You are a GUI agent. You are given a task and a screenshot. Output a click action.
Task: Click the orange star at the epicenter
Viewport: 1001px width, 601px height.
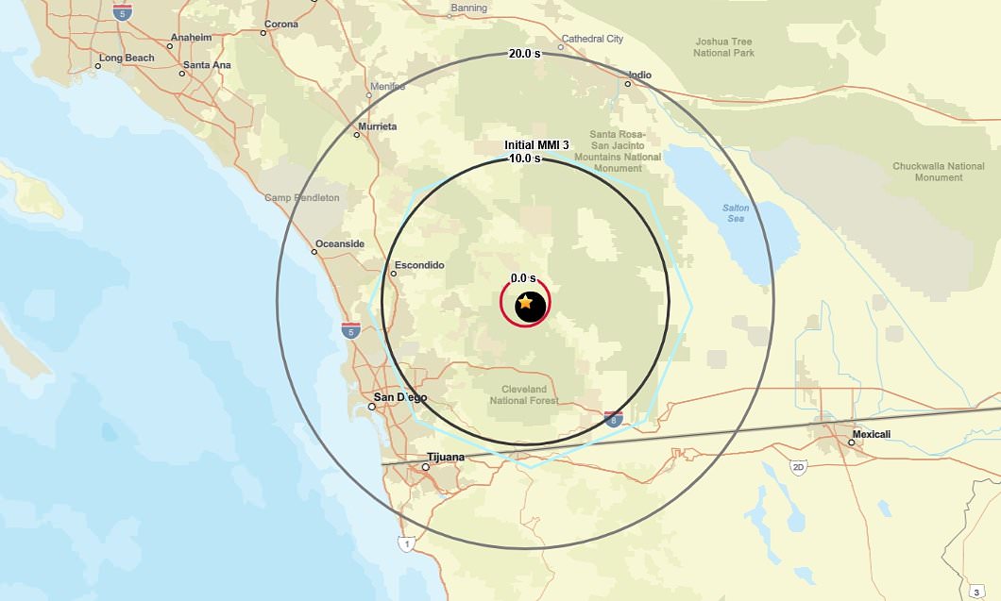click(525, 303)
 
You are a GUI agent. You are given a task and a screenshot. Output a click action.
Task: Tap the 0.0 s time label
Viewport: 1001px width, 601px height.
click(523, 278)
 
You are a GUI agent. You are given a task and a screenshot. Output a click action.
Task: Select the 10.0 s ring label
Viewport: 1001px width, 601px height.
click(525, 159)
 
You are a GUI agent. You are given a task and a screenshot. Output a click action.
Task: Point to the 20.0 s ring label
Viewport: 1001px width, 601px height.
click(525, 54)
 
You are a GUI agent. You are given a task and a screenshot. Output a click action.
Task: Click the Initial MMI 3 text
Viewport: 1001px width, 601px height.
click(536, 145)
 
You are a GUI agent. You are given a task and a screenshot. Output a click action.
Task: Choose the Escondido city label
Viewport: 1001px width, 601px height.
click(419, 265)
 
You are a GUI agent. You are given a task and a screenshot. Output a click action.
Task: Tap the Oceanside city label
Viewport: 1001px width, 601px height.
click(339, 243)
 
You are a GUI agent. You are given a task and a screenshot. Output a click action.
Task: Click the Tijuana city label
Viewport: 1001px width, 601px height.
click(446, 458)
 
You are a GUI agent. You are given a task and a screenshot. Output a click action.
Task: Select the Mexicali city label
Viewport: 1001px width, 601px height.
click(871, 435)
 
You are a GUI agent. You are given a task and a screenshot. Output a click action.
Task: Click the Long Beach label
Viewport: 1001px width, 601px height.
click(127, 58)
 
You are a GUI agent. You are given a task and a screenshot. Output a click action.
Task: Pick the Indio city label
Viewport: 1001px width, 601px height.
click(640, 75)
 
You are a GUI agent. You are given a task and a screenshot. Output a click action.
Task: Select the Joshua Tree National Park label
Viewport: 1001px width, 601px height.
click(724, 47)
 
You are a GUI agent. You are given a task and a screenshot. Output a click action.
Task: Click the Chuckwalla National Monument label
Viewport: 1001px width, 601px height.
click(925, 172)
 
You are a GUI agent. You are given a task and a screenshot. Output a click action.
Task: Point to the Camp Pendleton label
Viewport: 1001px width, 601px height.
click(301, 198)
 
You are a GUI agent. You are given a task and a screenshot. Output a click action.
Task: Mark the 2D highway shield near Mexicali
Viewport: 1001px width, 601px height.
click(798, 467)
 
